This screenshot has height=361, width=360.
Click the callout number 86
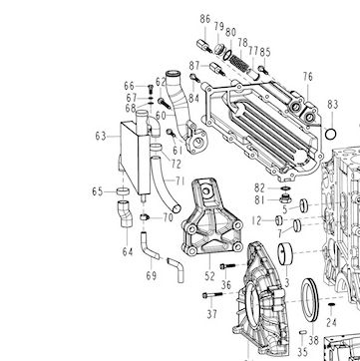(205, 19)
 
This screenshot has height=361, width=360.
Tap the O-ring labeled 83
(331, 135)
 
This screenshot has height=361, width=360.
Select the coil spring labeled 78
(239, 63)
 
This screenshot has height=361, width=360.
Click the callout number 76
(308, 77)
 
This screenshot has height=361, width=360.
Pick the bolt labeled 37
(212, 295)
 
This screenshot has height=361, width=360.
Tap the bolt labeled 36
(227, 266)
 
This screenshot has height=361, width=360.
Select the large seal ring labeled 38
(310, 300)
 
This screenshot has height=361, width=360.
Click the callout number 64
(128, 252)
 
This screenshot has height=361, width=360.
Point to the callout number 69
(152, 276)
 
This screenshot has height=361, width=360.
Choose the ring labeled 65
(123, 191)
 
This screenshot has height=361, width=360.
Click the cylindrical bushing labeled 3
(285, 254)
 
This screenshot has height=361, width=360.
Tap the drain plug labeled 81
(285, 198)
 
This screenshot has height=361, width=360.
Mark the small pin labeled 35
(302, 332)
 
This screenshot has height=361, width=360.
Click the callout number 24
(331, 322)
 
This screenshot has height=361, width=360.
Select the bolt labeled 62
(165, 103)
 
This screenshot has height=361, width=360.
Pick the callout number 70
(168, 217)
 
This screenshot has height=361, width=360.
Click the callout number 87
(194, 66)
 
